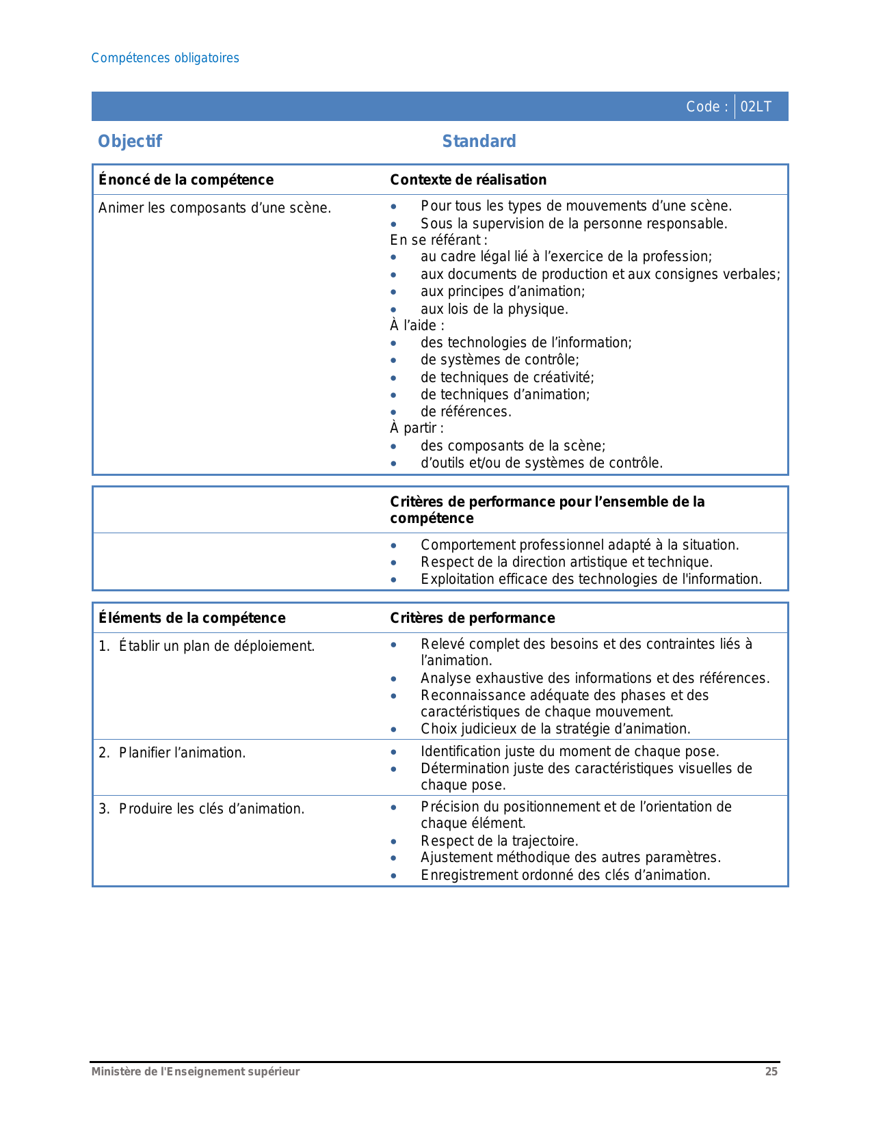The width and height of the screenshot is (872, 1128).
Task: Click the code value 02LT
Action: coord(756,107)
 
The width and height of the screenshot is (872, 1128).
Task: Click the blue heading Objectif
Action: coord(130,142)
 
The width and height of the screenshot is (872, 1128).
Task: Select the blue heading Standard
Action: coord(479,142)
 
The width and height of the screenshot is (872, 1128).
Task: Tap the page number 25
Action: coord(771,1072)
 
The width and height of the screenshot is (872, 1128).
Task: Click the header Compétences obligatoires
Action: coord(166,58)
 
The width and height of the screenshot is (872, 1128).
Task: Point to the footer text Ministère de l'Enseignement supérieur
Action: coord(196,1072)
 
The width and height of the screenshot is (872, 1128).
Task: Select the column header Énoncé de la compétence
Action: coord(186,180)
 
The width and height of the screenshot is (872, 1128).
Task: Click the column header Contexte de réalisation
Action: coord(468,180)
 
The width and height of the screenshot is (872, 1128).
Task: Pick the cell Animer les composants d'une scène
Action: coord(215,208)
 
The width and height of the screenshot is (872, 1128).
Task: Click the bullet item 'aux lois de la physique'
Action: coord(494,309)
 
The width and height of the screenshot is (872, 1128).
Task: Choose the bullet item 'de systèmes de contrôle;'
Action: coord(500,360)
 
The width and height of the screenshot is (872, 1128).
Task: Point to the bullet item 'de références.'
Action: coord(466,412)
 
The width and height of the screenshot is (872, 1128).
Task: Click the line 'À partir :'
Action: coord(417,428)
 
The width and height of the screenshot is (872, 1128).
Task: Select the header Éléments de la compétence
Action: coord(192,618)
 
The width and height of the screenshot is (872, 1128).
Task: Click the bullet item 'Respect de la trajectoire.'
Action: coord(499,841)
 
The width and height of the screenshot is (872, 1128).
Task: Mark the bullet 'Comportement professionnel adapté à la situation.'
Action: coord(580,545)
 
